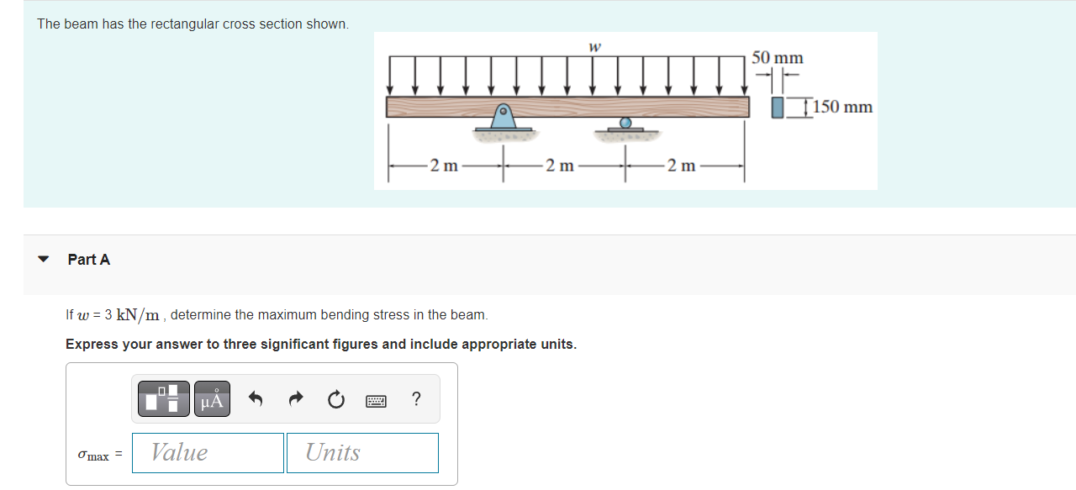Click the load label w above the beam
coord(594,47)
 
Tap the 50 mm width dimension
coord(777,58)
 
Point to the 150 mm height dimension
coord(842,108)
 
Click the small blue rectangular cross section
coord(778,108)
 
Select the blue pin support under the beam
coord(504,118)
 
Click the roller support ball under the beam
coord(625,123)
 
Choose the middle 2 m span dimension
coord(560,166)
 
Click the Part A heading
coord(89,260)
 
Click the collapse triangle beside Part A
coord(44,260)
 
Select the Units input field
coord(362,453)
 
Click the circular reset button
coord(336,400)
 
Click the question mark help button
coord(416,399)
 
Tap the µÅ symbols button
coord(212,398)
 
